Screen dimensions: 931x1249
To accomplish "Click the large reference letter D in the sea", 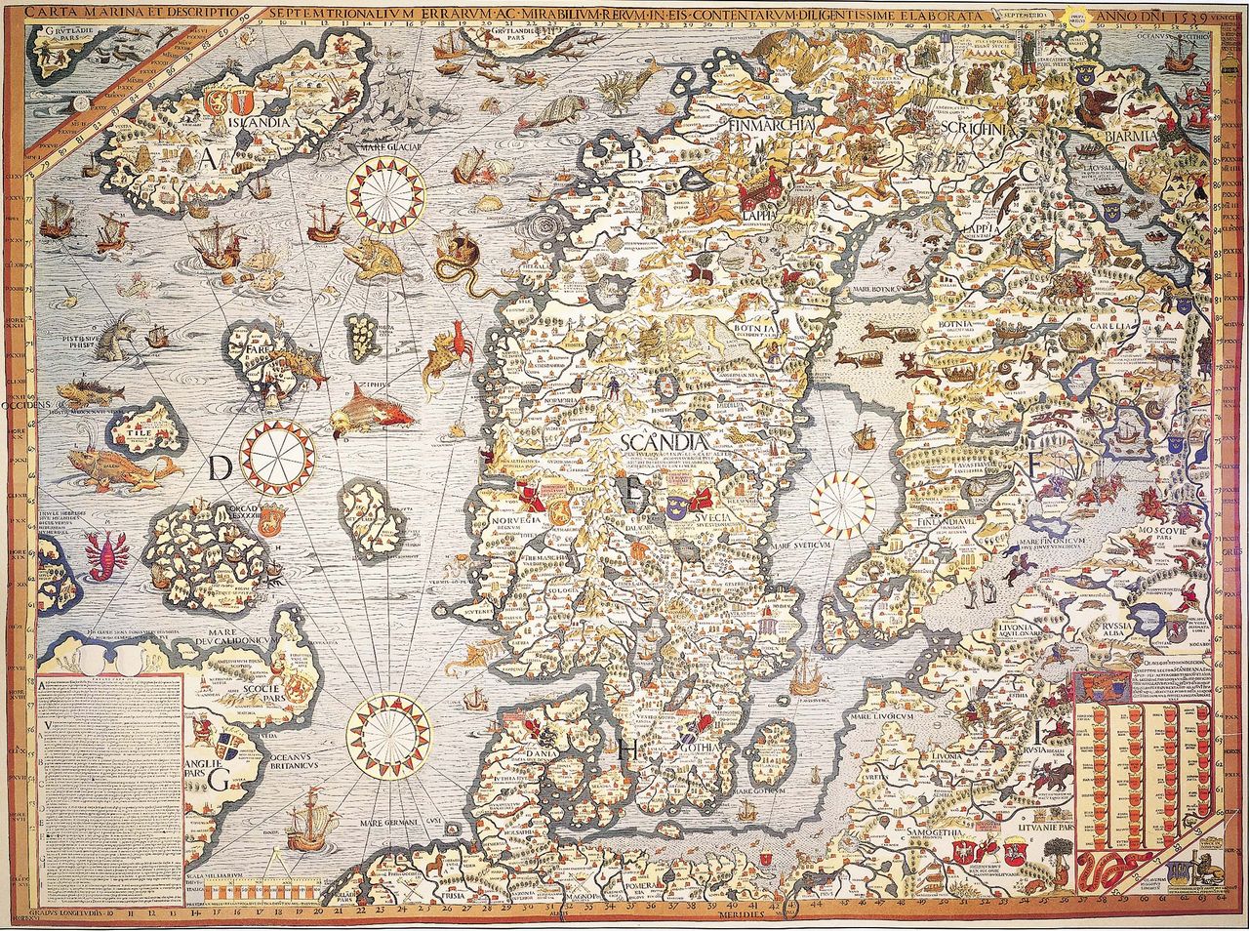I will pos(220,469).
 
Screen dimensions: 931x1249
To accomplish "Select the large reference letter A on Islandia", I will pos(208,161).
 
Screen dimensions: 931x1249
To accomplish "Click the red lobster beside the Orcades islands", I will pos(100,551).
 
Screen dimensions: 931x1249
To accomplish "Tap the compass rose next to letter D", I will pos(278,456).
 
